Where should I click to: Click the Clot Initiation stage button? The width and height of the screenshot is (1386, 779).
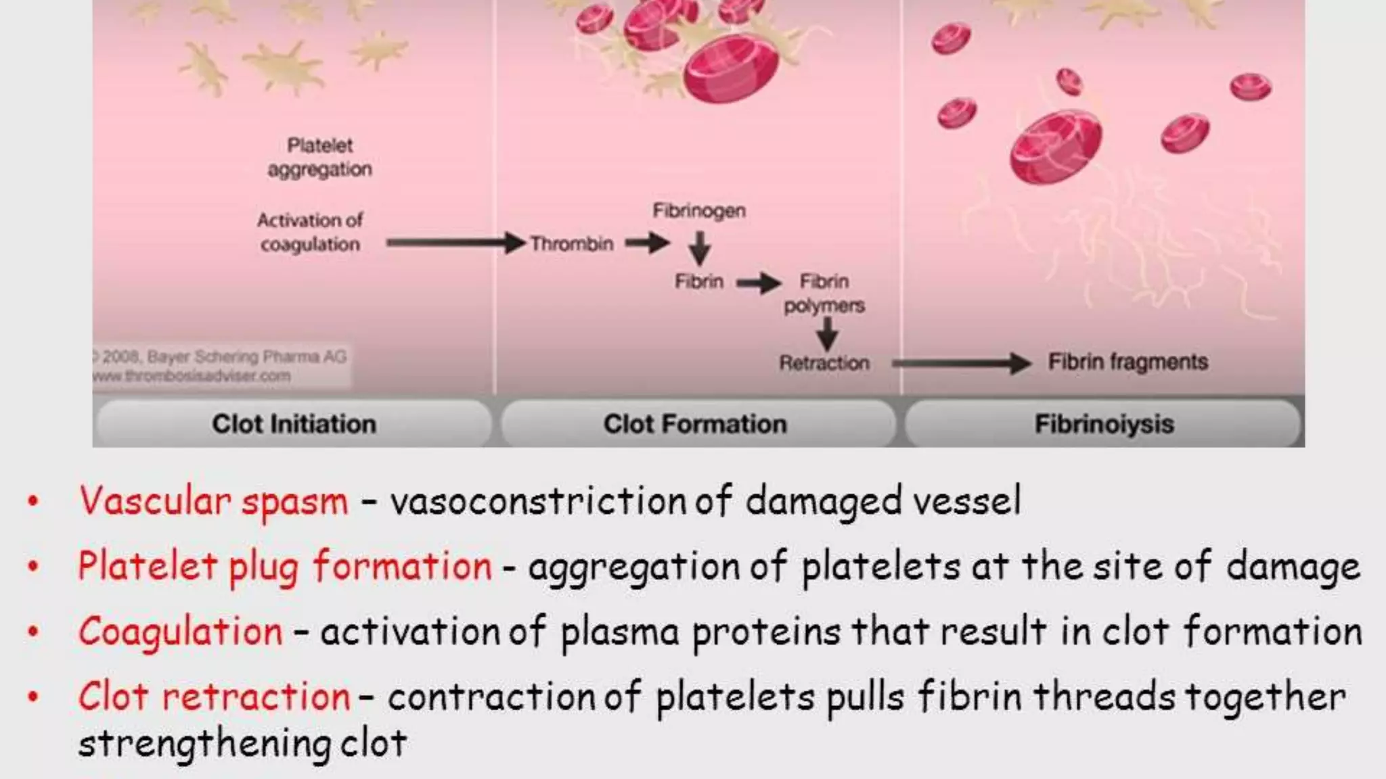294,424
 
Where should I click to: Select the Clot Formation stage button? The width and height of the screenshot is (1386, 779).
696,424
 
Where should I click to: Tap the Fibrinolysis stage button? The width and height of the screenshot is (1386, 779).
1104,424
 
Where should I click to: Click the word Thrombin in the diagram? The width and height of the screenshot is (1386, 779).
572,243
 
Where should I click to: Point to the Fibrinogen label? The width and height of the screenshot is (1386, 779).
699,211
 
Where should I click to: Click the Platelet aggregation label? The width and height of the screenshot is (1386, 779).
320,157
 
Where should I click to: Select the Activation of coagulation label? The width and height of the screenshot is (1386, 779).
310,232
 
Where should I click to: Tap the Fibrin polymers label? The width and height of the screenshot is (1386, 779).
824,293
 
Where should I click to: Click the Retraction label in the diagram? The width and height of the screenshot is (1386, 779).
824,363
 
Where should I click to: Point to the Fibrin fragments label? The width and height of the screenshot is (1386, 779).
1128,362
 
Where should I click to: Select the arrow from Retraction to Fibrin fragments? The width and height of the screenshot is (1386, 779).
961,363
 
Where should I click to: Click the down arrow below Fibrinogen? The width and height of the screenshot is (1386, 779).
700,247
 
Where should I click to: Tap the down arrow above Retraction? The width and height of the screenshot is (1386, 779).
827,333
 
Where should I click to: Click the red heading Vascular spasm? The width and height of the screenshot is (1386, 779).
214,502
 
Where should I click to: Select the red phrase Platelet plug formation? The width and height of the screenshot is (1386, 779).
285,566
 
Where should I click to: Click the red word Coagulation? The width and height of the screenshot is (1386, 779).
181,632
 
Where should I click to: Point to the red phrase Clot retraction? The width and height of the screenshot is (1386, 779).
215,697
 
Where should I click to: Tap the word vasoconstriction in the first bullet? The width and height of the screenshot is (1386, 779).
539,502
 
